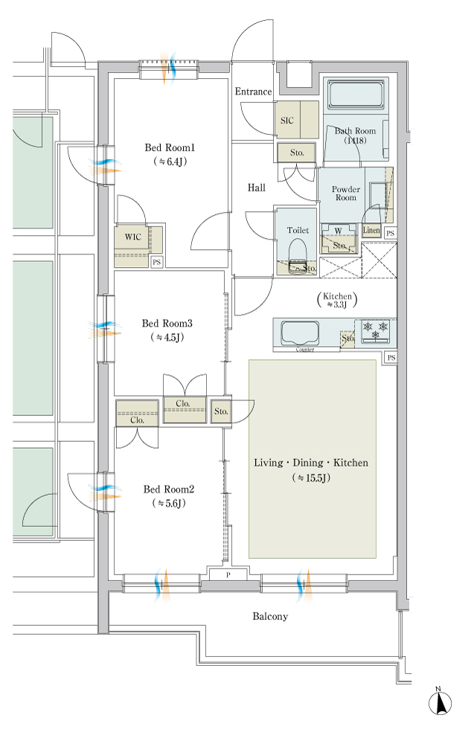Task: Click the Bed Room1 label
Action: point(170,147)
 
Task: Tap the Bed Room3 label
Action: point(167,324)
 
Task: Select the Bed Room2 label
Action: point(169,490)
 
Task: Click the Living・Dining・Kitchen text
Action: point(311,463)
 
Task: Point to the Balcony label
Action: point(270,616)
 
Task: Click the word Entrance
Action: point(253,92)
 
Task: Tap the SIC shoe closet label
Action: point(287,121)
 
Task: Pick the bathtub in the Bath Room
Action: point(356,94)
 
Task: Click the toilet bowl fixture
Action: point(298,254)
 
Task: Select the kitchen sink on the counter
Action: point(300,333)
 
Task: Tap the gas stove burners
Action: point(376,330)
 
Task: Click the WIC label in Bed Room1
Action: point(133,237)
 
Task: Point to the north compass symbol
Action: point(440,702)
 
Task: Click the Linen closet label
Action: point(371,230)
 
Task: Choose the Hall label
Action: point(257,188)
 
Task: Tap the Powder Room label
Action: point(346,193)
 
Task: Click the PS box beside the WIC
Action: point(156,262)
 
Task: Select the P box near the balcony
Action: point(228,575)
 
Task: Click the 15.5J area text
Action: point(311,478)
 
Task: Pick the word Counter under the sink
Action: point(305,350)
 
